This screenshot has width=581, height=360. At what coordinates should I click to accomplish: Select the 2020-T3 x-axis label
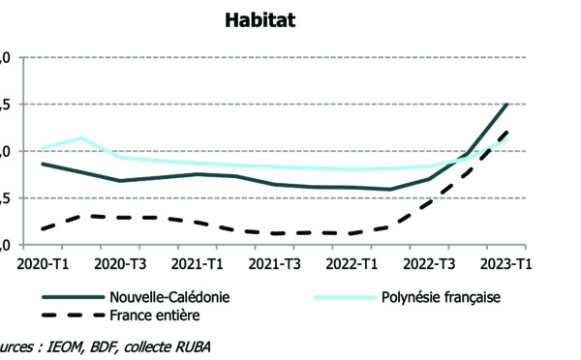coord(118,264)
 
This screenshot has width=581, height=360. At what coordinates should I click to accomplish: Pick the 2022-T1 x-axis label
coord(352,264)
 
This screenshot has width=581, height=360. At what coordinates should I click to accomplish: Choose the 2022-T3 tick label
coord(429,264)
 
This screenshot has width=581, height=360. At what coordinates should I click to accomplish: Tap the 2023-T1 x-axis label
coord(506,264)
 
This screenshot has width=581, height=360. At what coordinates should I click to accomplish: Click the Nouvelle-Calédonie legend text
coord(170,297)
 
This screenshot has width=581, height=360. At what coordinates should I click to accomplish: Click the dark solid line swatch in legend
coord(72,298)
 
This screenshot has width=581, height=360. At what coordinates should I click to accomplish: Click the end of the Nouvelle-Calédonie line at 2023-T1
coord(506,104)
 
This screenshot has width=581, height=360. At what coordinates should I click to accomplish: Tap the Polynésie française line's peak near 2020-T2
coord(81,138)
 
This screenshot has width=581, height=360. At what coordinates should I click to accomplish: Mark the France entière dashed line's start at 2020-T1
coord(43,229)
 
